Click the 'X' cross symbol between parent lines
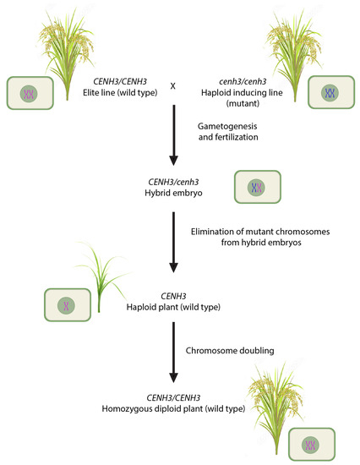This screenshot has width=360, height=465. click(x=173, y=85)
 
